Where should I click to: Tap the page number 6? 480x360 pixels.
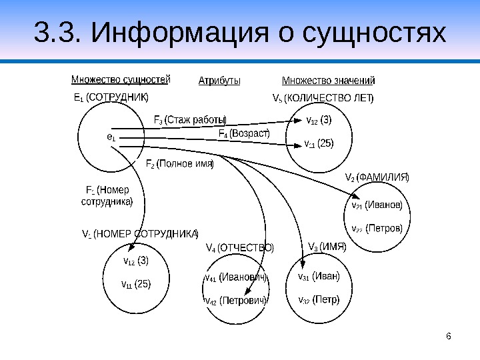pyautogui.click(x=449, y=335)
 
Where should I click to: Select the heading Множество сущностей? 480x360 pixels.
pyautogui.click(x=121, y=80)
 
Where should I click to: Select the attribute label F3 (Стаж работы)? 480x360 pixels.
pyautogui.click(x=190, y=120)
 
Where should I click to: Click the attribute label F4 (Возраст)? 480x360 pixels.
pyautogui.click(x=244, y=133)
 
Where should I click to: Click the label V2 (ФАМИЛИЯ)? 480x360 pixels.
pyautogui.click(x=377, y=177)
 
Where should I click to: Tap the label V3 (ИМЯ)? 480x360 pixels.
pyautogui.click(x=327, y=247)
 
